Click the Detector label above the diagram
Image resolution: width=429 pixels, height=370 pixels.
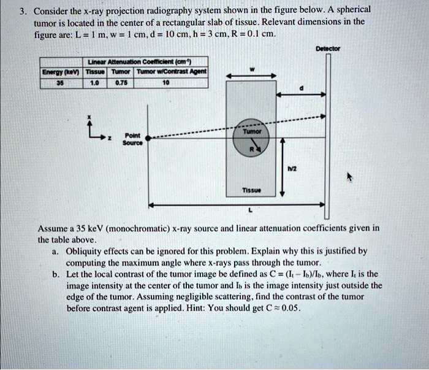[328, 48]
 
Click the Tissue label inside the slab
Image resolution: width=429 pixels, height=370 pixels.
[251, 190]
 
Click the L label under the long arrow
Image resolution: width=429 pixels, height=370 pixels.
[248, 210]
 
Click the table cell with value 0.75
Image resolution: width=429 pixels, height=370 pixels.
[122, 81]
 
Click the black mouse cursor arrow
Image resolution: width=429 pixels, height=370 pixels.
[351, 177]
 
